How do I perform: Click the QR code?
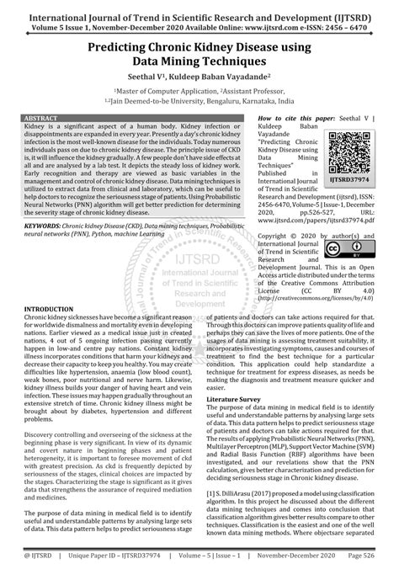point(352,143)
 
